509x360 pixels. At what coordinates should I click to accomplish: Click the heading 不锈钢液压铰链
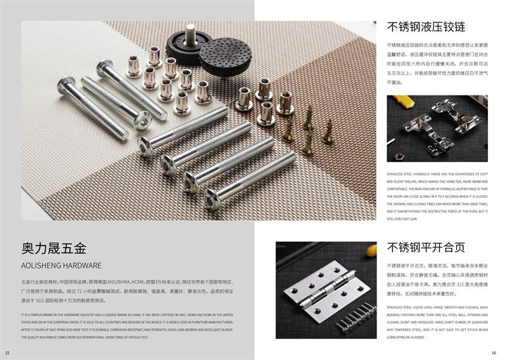point(426,27)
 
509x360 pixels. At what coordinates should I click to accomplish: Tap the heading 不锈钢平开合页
point(426,248)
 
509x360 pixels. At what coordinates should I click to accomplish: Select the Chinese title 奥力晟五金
point(53,248)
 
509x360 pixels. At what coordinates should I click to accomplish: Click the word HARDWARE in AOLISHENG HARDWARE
point(80,265)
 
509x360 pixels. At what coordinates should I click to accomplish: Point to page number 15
point(7,353)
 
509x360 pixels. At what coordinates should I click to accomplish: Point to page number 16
point(493,353)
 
